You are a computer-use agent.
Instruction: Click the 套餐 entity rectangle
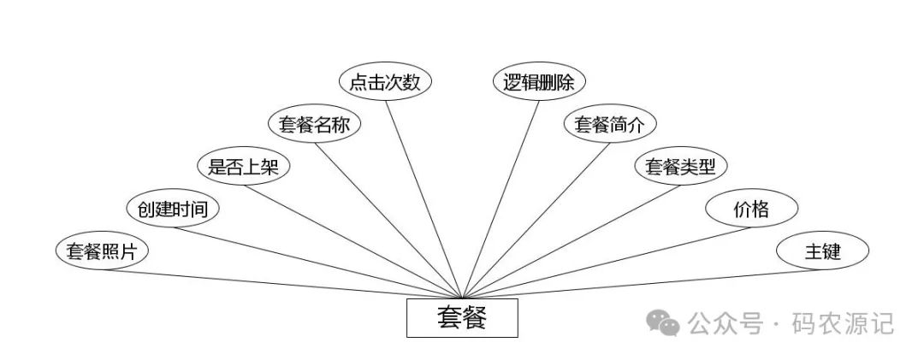coord(462,318)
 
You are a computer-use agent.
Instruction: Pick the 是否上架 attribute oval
coord(244,167)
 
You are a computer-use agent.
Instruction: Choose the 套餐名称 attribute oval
coord(315,125)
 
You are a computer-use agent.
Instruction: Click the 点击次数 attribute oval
coord(386,82)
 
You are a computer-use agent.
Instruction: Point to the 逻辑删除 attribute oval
coord(539,82)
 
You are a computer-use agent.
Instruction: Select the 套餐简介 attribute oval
coord(609,125)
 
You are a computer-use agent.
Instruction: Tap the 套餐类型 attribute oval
coord(680,167)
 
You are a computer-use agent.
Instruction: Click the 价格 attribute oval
coord(751,209)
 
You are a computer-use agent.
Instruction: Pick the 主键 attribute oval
coord(822,251)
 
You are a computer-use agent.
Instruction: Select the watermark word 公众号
coord(726,324)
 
